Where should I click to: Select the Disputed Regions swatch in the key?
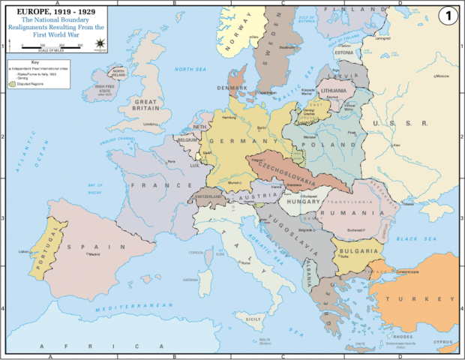click(x=12, y=83)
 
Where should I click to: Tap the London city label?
click(x=150, y=124)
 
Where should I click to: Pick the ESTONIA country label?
click(x=344, y=53)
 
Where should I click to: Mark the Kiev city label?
click(x=397, y=145)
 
